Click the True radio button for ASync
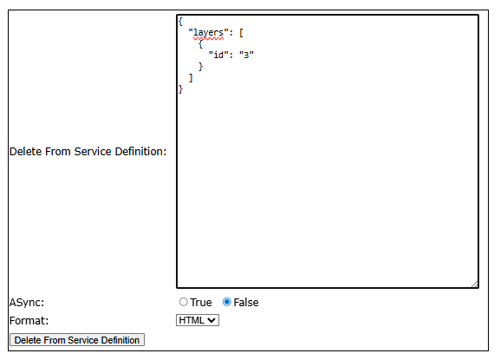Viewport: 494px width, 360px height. pos(184,302)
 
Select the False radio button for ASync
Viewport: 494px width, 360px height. pos(227,302)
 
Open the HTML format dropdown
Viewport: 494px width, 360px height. pos(198,320)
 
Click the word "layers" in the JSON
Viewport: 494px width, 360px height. pos(208,33)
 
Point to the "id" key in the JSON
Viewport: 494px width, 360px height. pos(218,55)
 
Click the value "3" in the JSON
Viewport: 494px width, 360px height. pos(246,55)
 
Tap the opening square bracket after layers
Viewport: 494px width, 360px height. pos(241,33)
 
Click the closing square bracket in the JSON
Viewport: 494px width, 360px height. pos(191,77)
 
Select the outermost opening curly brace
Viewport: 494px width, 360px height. pos(180,22)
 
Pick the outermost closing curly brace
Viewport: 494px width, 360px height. pos(180,88)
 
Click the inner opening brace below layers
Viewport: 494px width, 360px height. pos(201,44)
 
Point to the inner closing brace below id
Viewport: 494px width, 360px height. pos(201,67)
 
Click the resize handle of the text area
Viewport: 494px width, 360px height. pos(475,285)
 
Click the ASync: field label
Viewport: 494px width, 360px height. pos(27,302)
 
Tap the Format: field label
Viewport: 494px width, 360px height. pos(29,321)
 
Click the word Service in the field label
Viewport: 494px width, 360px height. pos(93,151)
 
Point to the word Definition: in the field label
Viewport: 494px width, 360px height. pos(140,151)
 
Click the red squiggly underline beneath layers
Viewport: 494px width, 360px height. pos(208,39)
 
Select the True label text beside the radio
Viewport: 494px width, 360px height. pos(201,302)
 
